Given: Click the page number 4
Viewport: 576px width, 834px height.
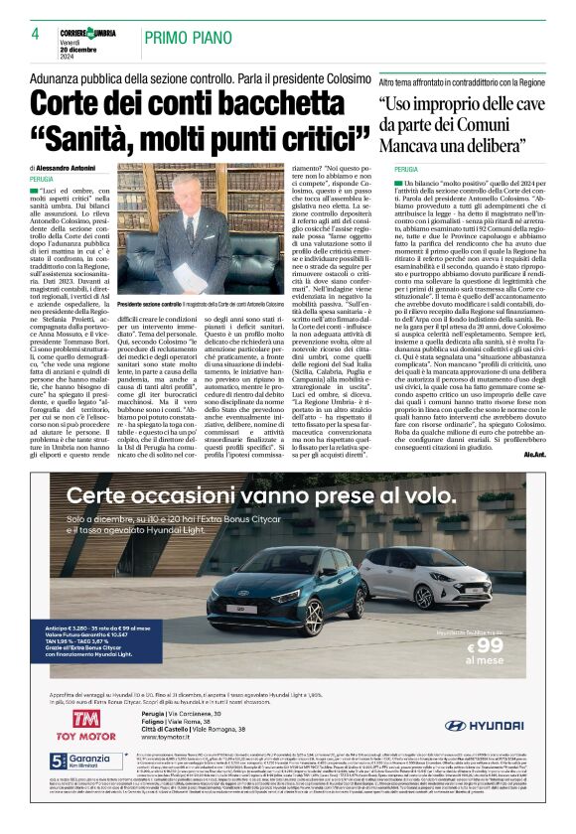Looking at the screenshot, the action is coord(35,34).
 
